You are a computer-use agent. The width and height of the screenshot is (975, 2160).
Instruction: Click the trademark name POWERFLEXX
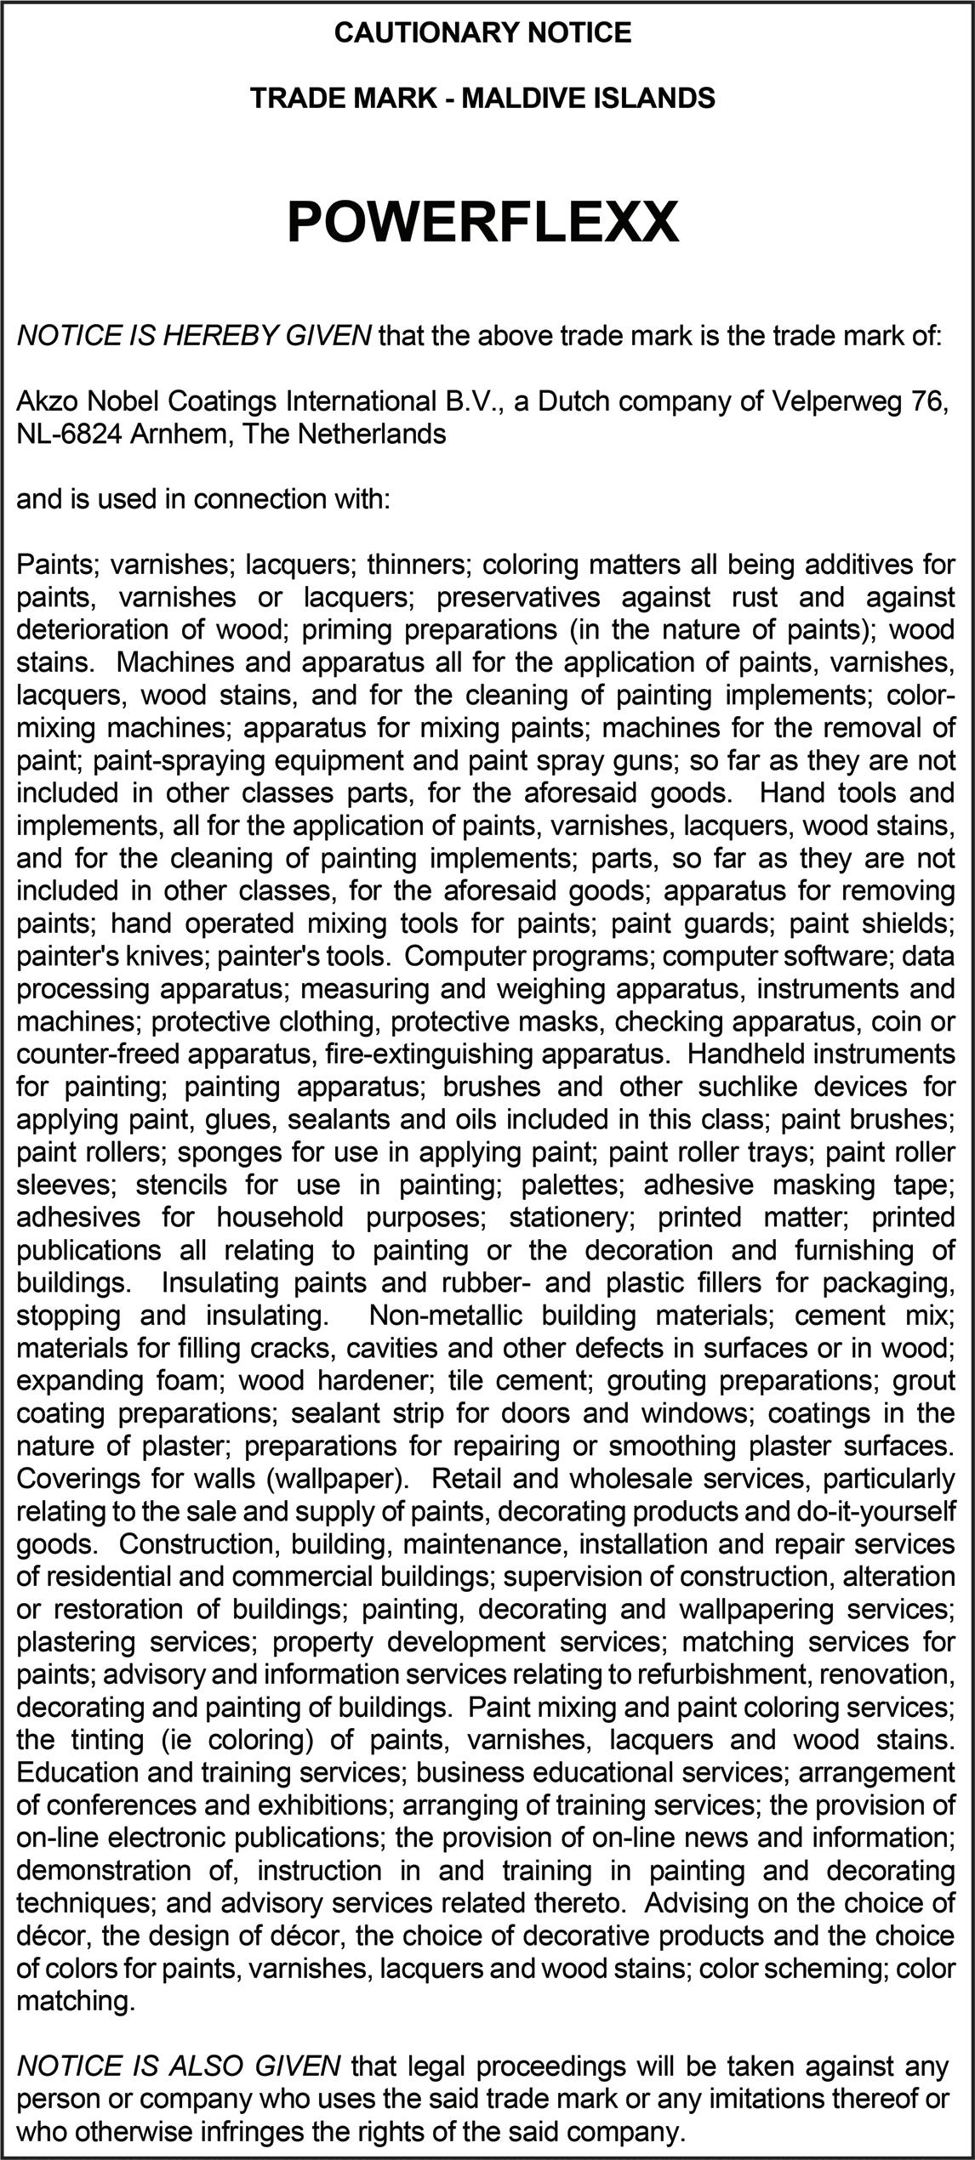click(482, 223)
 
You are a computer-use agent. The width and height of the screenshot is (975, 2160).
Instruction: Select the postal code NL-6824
click(70, 434)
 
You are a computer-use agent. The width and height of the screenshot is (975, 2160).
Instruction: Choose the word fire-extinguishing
click(430, 1054)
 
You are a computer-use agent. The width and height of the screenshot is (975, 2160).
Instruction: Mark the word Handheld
click(746, 1054)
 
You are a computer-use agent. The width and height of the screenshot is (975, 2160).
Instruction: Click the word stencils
click(184, 1185)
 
